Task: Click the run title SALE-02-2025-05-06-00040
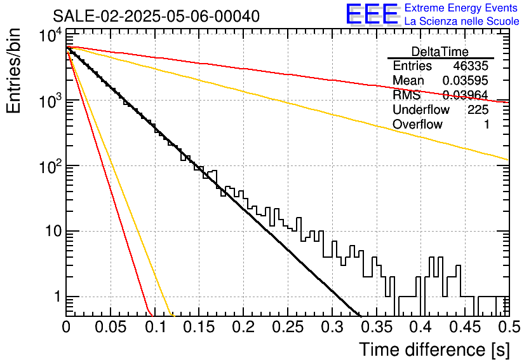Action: pyautogui.click(x=156, y=17)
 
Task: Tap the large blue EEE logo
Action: pyautogui.click(x=372, y=14)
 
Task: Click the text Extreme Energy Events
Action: pyautogui.click(x=461, y=8)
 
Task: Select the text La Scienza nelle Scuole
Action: pyautogui.click(x=461, y=22)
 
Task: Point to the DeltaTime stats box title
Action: pyautogui.click(x=440, y=52)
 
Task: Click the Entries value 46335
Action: pyautogui.click(x=471, y=66)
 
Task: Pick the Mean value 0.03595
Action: pyautogui.click(x=466, y=81)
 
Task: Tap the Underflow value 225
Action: pyautogui.click(x=478, y=110)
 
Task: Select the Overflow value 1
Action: pyautogui.click(x=487, y=125)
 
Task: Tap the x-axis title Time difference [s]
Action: pyautogui.click(x=433, y=349)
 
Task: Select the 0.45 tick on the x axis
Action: pyautogui.click(x=464, y=327)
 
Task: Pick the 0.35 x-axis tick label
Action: pyautogui.click(x=376, y=327)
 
